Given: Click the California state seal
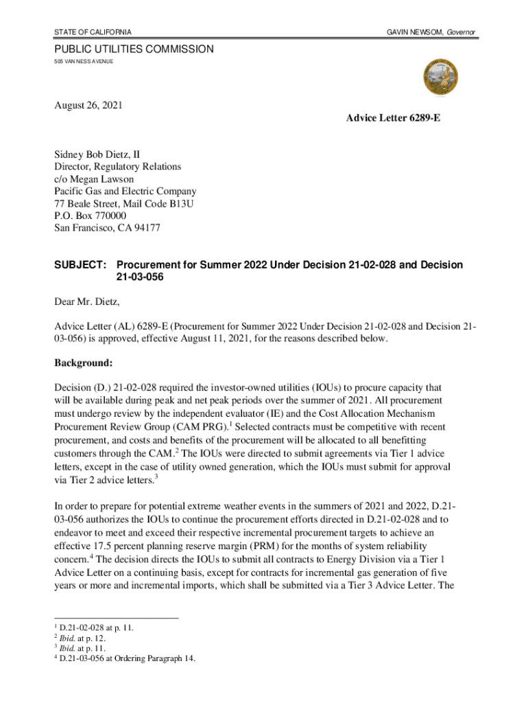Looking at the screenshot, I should coord(441,78).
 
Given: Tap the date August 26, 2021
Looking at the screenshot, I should coord(88,106).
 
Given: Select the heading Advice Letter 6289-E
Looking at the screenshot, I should coord(394,119).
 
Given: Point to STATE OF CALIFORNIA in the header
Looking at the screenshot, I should coord(93,33).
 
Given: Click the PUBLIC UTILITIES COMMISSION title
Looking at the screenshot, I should coord(134,49).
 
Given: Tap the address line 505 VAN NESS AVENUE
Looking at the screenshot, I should coord(84,62).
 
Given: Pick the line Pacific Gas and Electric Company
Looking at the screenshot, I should coord(125,192).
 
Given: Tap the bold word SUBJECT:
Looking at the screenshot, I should coord(81,265).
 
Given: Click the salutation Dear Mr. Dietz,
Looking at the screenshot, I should coord(91,301).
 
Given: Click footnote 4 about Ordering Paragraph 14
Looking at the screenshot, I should coord(128,658).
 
